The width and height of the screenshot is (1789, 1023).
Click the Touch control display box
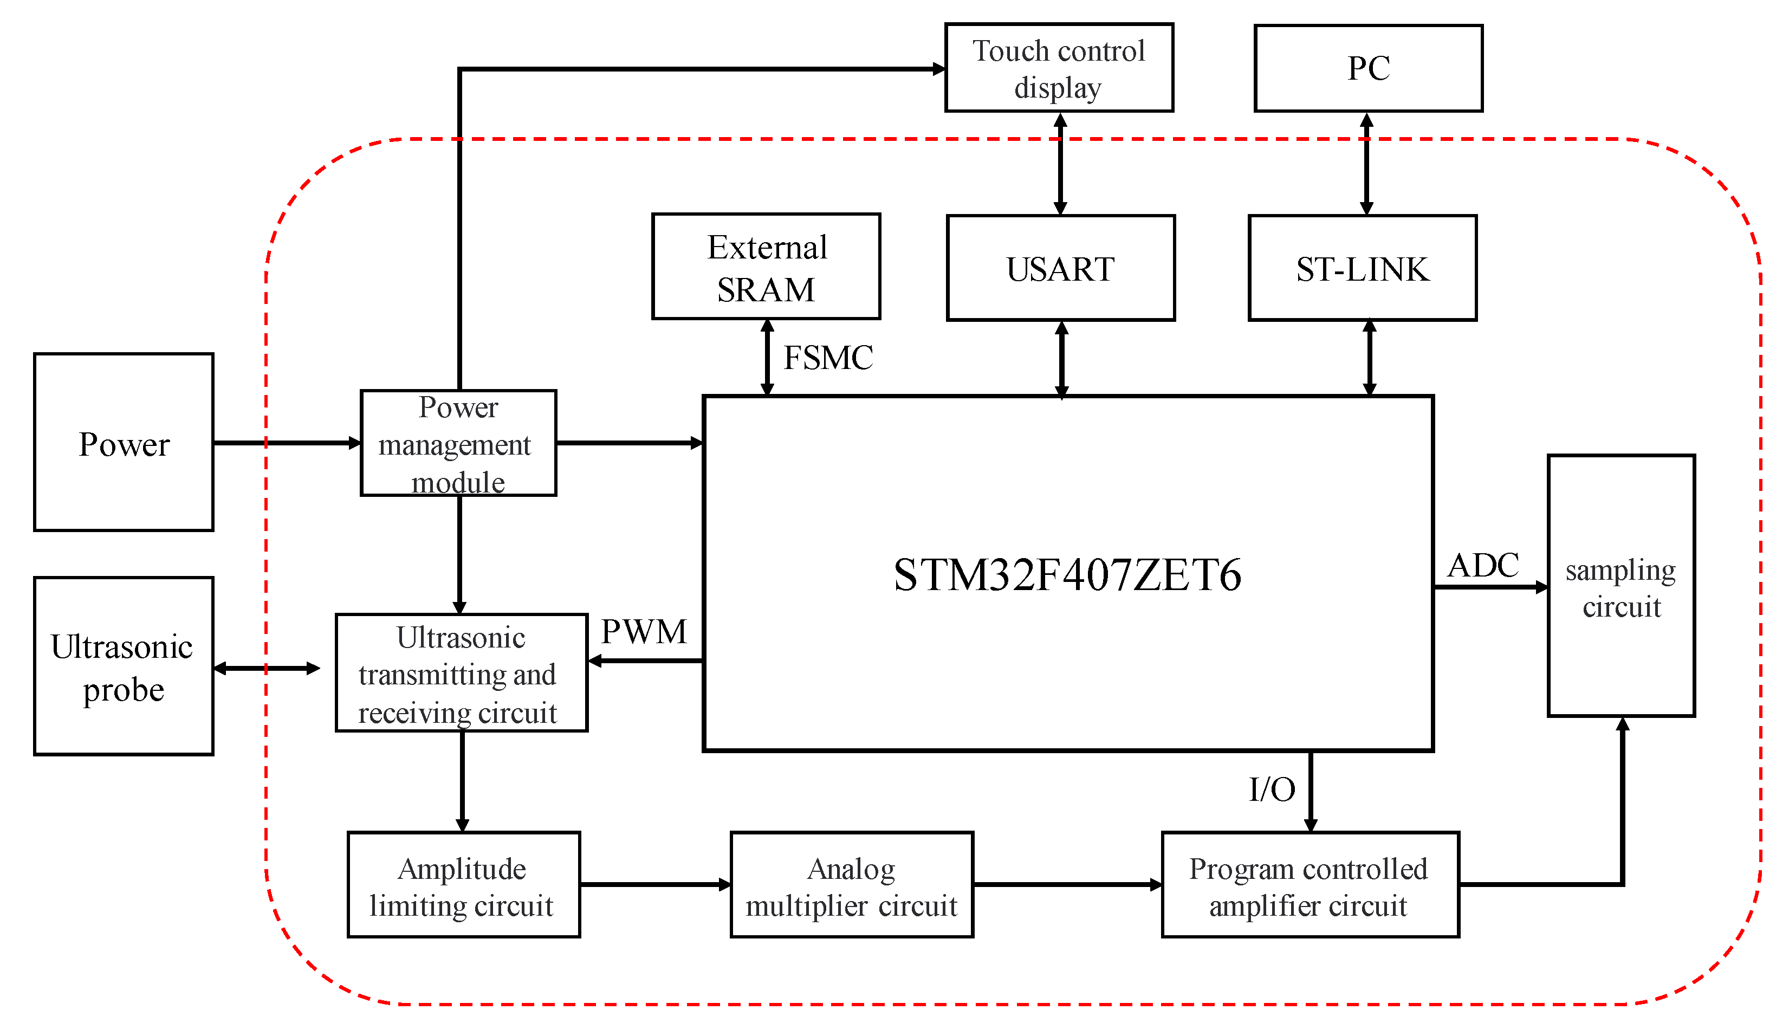(x=1059, y=68)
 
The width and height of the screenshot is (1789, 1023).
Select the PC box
(x=1367, y=68)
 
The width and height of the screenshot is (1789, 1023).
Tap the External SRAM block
(x=766, y=267)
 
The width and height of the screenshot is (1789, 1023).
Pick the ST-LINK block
(x=1362, y=268)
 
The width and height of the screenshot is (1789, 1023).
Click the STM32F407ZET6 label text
(x=1067, y=575)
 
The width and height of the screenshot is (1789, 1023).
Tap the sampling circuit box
(x=1621, y=587)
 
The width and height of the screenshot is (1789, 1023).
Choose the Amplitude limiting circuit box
(x=464, y=885)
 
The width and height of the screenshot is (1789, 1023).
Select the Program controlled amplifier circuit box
(x=1310, y=885)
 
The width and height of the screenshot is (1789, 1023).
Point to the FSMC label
(x=827, y=358)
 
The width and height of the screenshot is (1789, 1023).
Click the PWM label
(x=644, y=631)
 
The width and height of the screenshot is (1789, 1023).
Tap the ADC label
(x=1483, y=565)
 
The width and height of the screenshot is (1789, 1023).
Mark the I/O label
(x=1272, y=789)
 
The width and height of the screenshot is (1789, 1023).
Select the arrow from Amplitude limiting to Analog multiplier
(x=654, y=885)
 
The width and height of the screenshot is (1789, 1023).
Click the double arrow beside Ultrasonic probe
(x=266, y=668)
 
